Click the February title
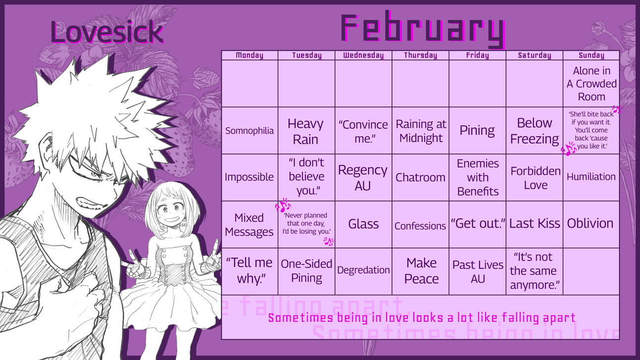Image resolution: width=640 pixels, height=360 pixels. [x=422, y=29]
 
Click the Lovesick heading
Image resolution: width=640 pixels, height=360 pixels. [x=107, y=32]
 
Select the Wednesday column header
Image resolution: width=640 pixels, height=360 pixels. [x=363, y=55]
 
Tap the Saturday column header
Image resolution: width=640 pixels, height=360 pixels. [x=534, y=55]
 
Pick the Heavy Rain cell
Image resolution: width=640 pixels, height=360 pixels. [x=306, y=131]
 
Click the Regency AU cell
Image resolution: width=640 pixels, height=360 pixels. [x=363, y=177]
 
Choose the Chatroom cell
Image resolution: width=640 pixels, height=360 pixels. [x=420, y=177]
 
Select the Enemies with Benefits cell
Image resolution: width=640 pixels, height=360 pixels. [x=478, y=177]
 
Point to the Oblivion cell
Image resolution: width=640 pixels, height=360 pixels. [x=590, y=223]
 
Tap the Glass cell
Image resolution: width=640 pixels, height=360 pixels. [x=363, y=224]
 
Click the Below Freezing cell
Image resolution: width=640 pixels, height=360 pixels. [x=535, y=131]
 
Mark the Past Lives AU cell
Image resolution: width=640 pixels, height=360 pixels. [x=478, y=271]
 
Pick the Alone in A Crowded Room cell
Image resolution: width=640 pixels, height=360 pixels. [x=591, y=84]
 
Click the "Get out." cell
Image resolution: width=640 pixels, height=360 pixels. [x=478, y=223]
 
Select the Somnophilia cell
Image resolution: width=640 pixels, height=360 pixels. [x=249, y=131]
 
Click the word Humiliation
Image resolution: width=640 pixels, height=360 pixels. [x=591, y=177]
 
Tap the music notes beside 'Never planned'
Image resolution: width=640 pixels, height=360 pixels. [x=283, y=206]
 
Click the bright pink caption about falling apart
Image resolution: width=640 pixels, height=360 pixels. [x=422, y=317]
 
